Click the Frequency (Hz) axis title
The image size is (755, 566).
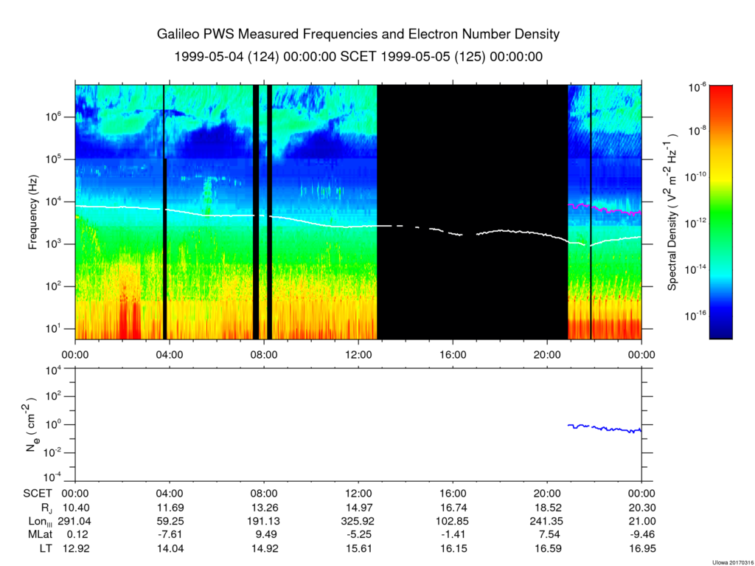[x=33, y=212]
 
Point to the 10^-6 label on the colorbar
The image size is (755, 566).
[x=697, y=88]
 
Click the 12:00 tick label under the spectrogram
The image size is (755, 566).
[x=359, y=355]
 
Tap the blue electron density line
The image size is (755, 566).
[x=605, y=428]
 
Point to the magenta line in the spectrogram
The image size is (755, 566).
[x=605, y=209]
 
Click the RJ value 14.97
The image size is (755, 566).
[x=359, y=508]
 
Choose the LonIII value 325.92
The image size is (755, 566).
[x=359, y=521]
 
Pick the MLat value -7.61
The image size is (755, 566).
[x=170, y=535]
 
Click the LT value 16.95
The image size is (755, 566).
[x=642, y=548]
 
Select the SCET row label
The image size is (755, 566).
[x=38, y=494]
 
